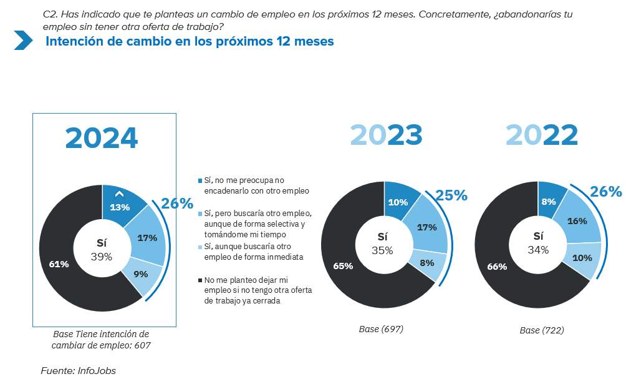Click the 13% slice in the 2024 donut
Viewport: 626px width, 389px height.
120,207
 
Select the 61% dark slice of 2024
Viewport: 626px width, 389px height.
59,264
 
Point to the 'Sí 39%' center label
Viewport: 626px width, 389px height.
102,249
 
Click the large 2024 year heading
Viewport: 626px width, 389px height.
102,138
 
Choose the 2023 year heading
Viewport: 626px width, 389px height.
386,135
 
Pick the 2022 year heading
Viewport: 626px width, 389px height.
541,135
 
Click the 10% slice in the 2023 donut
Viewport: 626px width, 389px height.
398,202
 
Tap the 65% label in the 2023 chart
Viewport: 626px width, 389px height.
343,266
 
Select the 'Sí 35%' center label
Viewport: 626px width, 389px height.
382,244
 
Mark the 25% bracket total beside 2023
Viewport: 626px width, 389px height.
451,195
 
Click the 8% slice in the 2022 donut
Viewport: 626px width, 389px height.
549,202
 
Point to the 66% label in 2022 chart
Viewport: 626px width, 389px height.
497,267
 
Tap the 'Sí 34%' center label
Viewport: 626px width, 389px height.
538,243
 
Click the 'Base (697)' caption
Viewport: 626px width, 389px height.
381,328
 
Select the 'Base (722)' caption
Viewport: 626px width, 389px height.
542,330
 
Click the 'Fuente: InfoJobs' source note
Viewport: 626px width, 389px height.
79,370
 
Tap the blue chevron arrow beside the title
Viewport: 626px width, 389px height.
23,41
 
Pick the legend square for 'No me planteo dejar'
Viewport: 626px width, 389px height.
200,281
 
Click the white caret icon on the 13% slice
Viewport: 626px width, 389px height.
120,195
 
